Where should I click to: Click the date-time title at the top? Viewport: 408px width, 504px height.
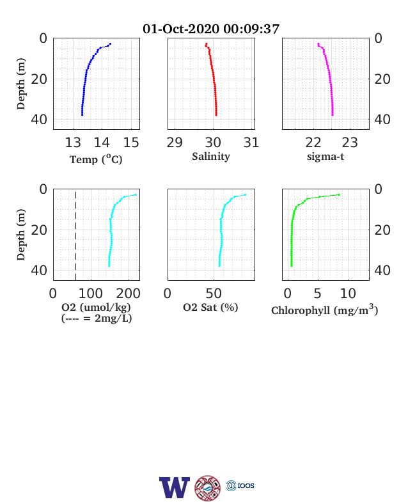click(x=211, y=29)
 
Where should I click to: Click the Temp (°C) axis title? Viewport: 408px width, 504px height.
click(x=96, y=159)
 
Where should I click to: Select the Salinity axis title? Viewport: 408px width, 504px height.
click(x=211, y=157)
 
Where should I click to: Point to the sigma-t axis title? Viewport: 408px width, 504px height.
click(x=326, y=157)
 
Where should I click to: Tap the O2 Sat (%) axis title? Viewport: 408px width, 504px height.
click(x=210, y=307)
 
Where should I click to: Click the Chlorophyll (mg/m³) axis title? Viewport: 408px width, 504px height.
click(x=324, y=310)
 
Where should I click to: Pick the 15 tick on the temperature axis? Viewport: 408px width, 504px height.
click(x=131, y=143)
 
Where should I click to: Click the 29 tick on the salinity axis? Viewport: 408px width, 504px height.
click(x=175, y=143)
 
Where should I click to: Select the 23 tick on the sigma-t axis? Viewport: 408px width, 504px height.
click(x=350, y=143)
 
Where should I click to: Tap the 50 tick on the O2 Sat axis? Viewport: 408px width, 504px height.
click(x=214, y=294)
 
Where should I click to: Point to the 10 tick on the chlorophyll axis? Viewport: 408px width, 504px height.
click(x=348, y=294)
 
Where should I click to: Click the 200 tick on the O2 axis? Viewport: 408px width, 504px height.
click(x=128, y=294)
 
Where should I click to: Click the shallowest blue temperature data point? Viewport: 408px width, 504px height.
click(x=110, y=43)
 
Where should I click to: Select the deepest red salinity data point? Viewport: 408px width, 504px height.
click(x=216, y=114)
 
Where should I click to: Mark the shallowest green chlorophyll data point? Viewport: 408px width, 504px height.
click(x=338, y=195)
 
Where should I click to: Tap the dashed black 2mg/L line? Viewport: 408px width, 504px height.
click(x=76, y=235)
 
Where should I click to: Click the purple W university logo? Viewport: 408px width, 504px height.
click(x=175, y=487)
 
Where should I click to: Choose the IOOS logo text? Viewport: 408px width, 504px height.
click(x=246, y=485)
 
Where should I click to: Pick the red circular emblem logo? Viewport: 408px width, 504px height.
click(x=208, y=488)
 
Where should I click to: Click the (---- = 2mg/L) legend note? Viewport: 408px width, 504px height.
click(x=97, y=319)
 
